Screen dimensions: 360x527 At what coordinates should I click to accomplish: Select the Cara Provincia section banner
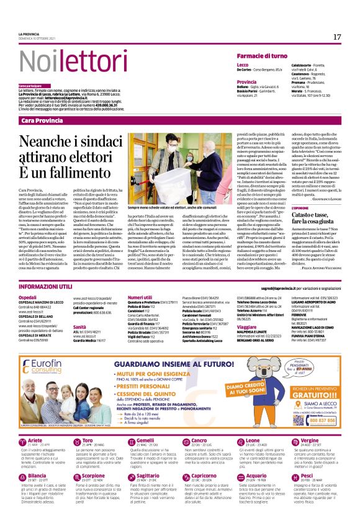pos(43,120)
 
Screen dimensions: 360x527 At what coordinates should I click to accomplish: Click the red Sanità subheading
pos(79,326)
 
